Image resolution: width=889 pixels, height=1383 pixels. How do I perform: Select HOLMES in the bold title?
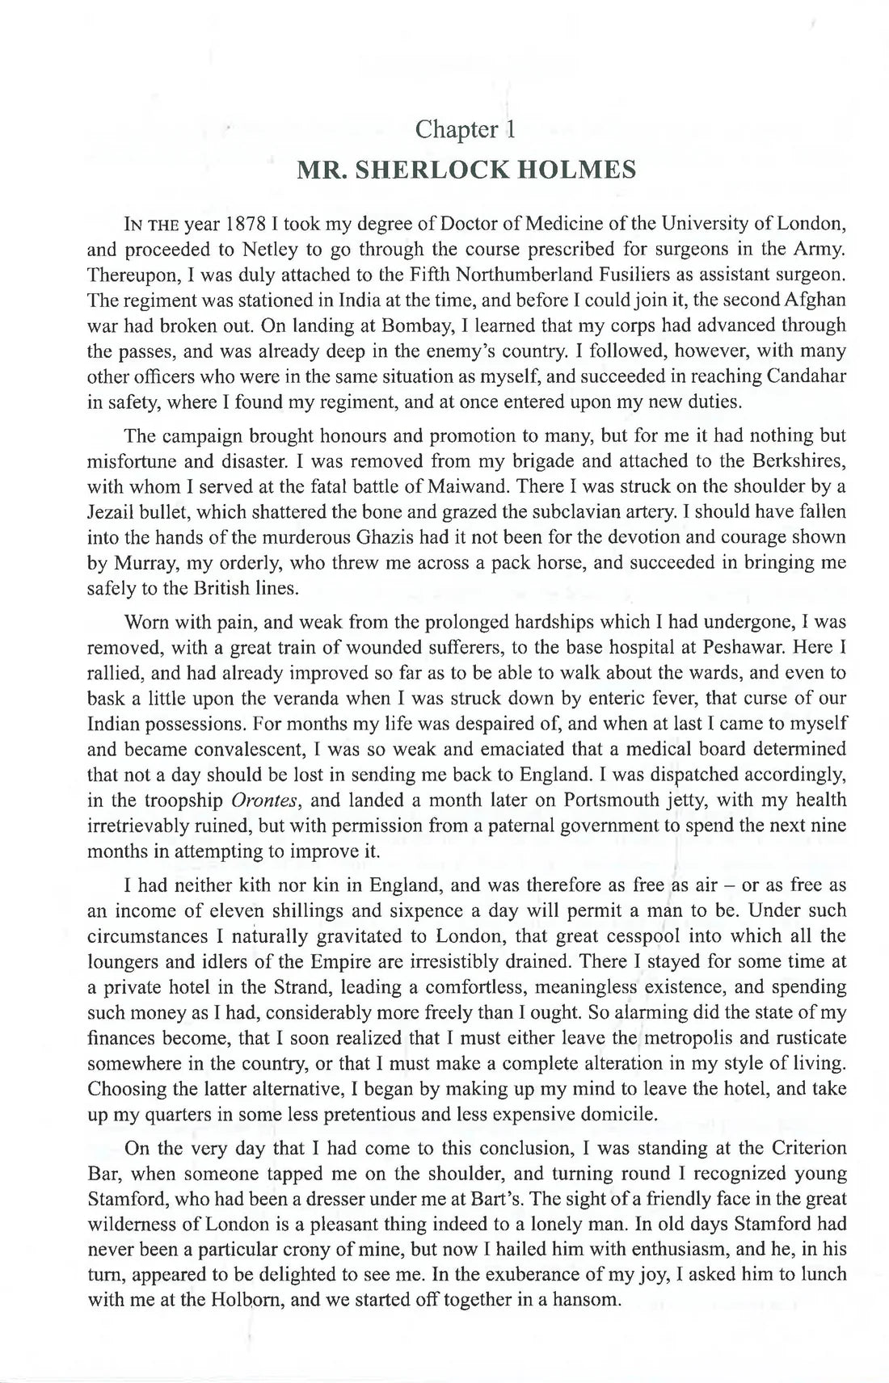click(x=579, y=171)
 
